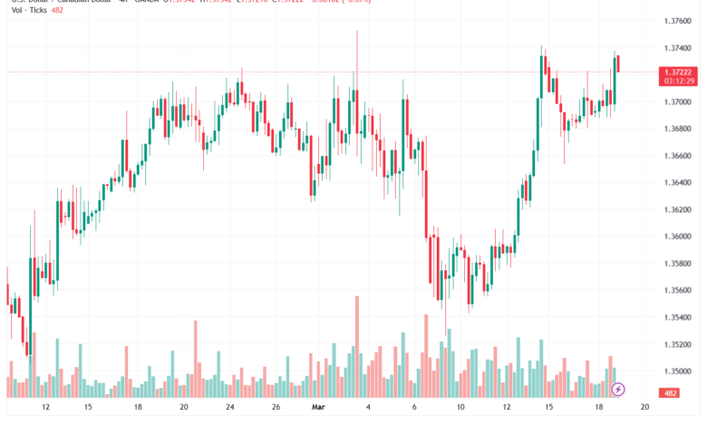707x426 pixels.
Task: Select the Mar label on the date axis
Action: [x=318, y=408]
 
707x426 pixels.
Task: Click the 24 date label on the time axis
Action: [x=229, y=408]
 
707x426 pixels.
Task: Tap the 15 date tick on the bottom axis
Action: [x=88, y=408]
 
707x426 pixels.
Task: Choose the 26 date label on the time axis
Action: [x=274, y=408]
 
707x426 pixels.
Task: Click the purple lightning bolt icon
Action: [x=618, y=390]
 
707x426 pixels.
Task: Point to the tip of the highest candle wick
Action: [x=357, y=30]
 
